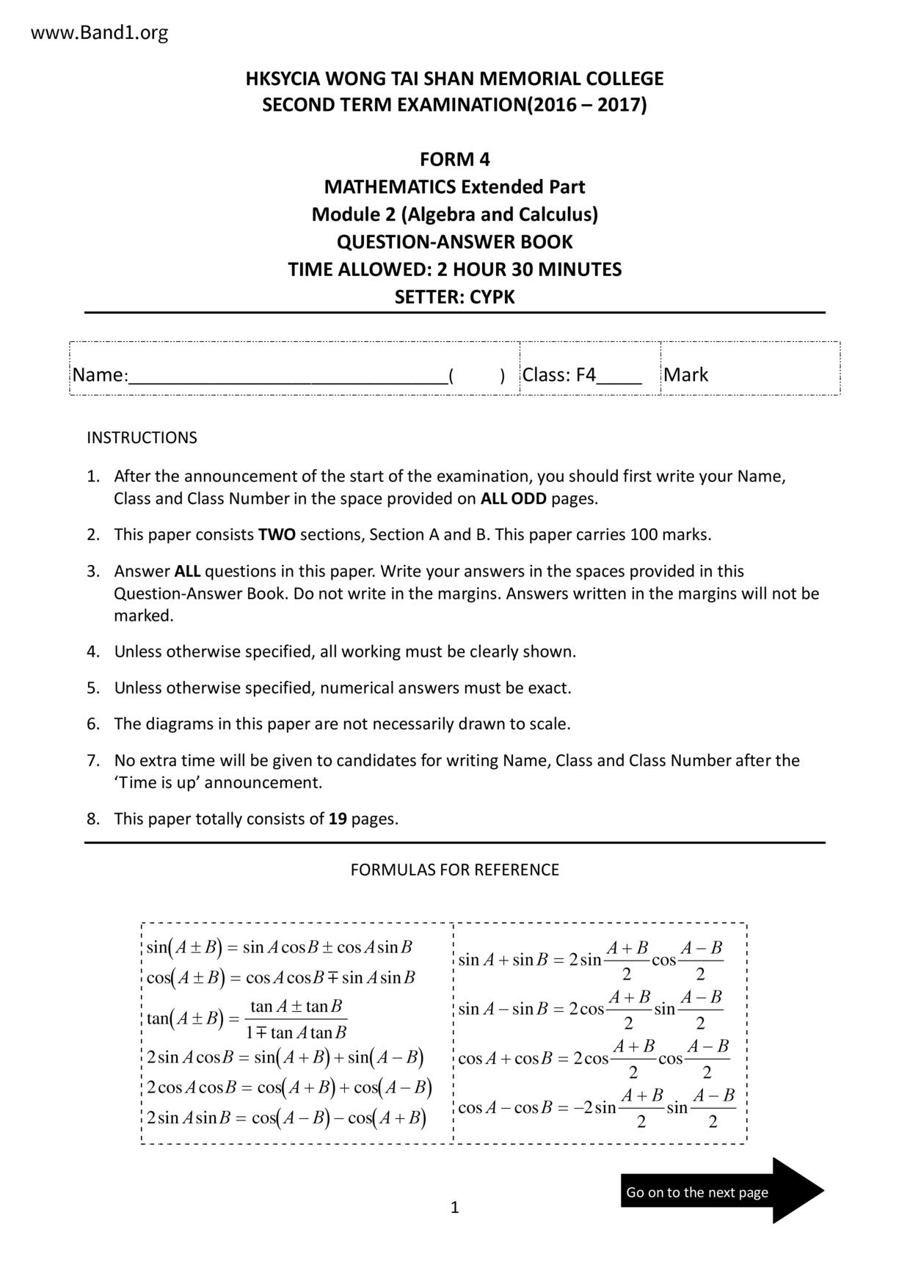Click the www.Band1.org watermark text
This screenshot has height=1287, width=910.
100,33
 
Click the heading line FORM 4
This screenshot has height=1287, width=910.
454,159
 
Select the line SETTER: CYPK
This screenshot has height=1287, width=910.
454,297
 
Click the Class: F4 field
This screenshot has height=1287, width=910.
581,375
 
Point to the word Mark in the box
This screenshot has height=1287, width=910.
685,375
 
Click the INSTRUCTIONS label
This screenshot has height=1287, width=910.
142,438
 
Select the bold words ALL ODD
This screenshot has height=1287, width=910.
513,499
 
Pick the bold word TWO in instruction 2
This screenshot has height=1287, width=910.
277,535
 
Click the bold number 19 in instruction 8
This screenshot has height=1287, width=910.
338,819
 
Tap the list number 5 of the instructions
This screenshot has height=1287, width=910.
92,688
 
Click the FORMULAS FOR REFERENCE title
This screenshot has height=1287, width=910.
454,870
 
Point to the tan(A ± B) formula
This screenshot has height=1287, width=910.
247,1019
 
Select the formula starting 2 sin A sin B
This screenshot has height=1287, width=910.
286,1118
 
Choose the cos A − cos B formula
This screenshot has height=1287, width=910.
596,1108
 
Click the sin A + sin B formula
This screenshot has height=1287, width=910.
590,960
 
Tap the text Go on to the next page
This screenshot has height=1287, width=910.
696,1192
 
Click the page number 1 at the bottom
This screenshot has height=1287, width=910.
454,1208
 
